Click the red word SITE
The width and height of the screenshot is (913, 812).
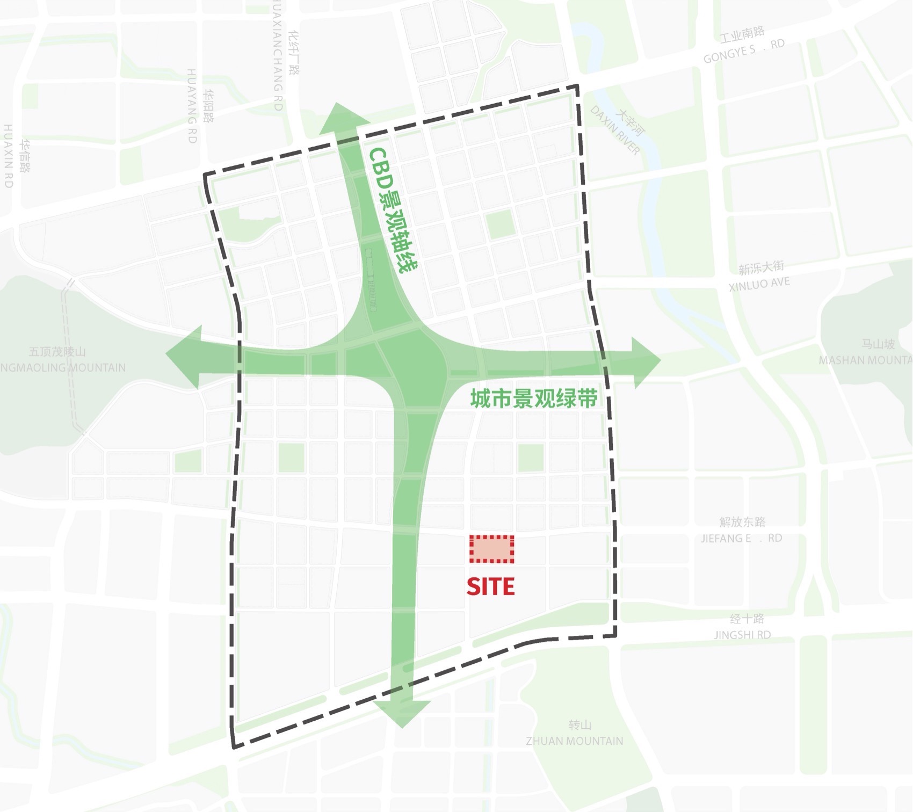point(490,586)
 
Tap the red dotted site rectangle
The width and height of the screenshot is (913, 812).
point(491,549)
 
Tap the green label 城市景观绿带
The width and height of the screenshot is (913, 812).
point(533,399)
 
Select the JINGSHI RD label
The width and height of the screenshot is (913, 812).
point(742,635)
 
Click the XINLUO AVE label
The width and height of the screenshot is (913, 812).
point(759,284)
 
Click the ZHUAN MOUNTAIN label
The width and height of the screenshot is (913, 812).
point(574,741)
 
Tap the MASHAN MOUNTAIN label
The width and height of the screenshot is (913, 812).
point(865,360)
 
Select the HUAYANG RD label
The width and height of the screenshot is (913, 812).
point(192,106)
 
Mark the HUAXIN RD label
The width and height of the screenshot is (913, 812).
point(8,156)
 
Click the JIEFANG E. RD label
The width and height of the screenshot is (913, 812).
point(741,538)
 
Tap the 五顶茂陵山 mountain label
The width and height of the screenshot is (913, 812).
point(57,352)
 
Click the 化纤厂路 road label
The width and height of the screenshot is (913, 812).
point(294,53)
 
